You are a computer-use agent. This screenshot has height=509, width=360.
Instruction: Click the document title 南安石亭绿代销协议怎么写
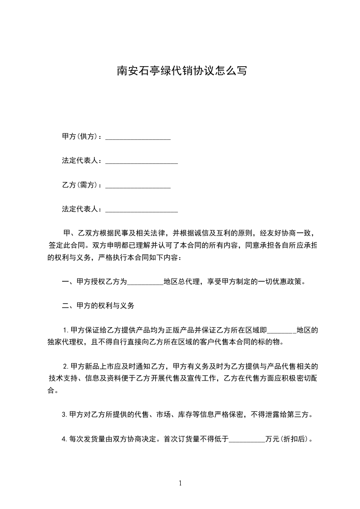tap(182, 71)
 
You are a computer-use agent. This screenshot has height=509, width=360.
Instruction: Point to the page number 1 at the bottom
tap(180, 483)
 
